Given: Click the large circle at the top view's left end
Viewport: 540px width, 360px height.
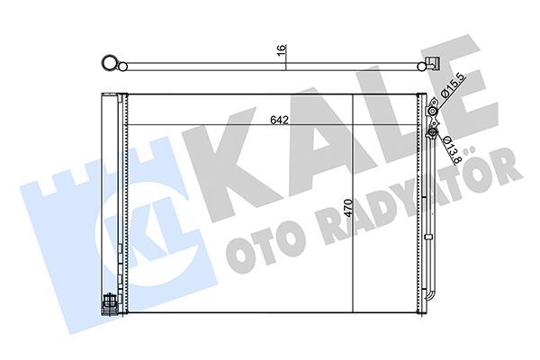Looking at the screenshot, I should pos(111,63).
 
